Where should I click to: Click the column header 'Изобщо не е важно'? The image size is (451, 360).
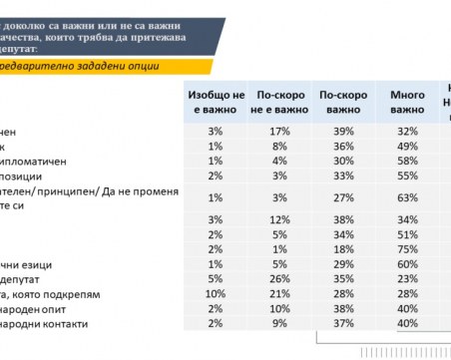click(215, 102)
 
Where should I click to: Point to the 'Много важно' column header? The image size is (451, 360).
click(406, 102)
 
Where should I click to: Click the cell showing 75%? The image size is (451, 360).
click(406, 248)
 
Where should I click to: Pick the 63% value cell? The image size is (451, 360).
click(406, 197)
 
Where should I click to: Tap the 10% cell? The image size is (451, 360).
click(215, 295)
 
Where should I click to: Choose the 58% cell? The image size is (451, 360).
click(406, 161)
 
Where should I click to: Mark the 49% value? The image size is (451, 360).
click(406, 146)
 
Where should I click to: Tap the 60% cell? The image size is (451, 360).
click(406, 265)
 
